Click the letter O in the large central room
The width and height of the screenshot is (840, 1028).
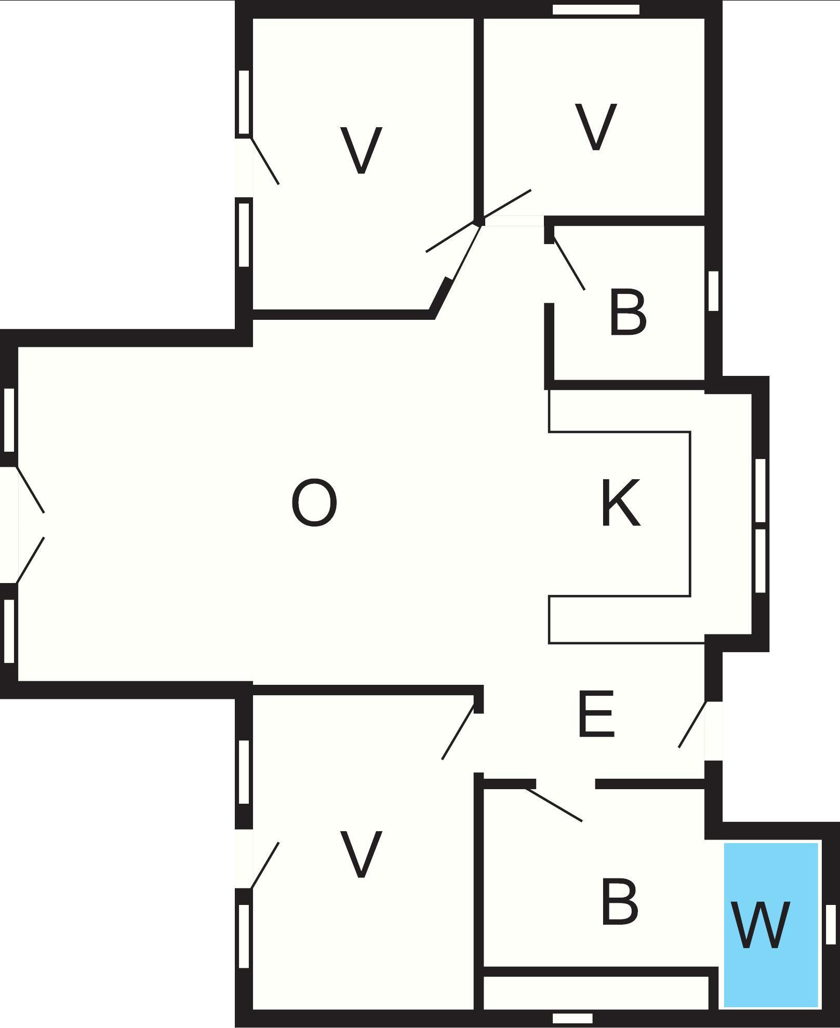[314, 503]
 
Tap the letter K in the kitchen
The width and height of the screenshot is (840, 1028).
[621, 503]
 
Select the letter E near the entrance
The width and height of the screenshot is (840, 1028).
[596, 714]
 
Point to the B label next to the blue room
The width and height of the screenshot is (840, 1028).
[619, 903]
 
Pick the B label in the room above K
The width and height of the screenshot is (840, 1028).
[628, 313]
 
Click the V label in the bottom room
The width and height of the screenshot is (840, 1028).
[361, 854]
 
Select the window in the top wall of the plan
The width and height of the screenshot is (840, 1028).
[596, 9]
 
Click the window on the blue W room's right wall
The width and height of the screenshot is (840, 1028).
[831, 924]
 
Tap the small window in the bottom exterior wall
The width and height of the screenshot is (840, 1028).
[572, 1018]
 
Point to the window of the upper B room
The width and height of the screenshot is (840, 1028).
[713, 291]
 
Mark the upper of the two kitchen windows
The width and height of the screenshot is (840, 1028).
[760, 491]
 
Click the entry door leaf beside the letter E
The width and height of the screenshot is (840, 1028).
[692, 724]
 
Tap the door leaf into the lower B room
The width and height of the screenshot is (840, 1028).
[554, 804]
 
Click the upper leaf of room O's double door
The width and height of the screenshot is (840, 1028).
[30, 490]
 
